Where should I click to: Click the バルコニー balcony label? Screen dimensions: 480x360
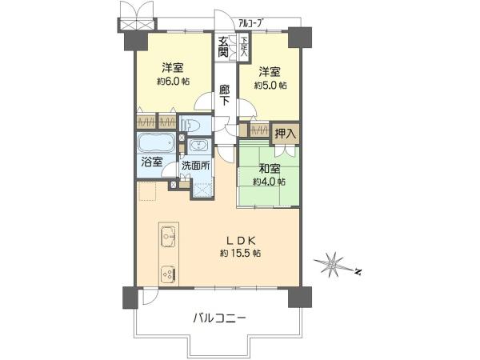click(x=219, y=319)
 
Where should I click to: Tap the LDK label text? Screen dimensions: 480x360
click(x=241, y=241)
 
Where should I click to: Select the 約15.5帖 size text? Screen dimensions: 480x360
click(x=240, y=254)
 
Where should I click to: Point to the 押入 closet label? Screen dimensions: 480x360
click(x=286, y=134)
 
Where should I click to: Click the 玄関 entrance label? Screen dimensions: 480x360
click(x=223, y=46)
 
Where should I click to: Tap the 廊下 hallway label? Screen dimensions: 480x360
click(x=224, y=95)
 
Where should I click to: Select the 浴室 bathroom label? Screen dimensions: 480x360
click(x=152, y=162)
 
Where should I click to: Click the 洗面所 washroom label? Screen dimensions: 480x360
click(x=196, y=166)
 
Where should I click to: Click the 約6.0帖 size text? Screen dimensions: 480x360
click(x=173, y=81)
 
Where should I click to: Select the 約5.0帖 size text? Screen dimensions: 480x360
click(x=270, y=85)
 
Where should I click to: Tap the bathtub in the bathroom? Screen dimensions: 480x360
click(x=157, y=143)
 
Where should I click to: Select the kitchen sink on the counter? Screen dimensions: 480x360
click(x=168, y=236)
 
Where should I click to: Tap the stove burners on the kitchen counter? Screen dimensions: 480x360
click(x=168, y=274)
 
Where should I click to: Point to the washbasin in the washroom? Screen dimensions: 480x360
click(x=199, y=145)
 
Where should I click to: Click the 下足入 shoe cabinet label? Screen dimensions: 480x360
click(x=244, y=47)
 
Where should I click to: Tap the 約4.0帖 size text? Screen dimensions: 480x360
click(x=270, y=182)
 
